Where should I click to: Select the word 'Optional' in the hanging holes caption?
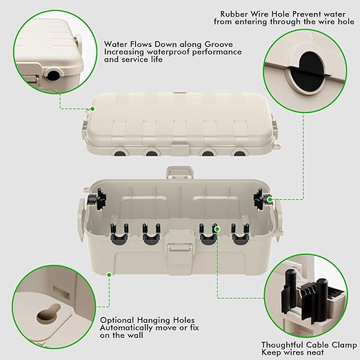click(118, 320)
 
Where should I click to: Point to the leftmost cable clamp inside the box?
click(117, 233)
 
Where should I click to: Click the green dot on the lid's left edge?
click(90, 108)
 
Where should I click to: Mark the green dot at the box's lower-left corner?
click(108, 274)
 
